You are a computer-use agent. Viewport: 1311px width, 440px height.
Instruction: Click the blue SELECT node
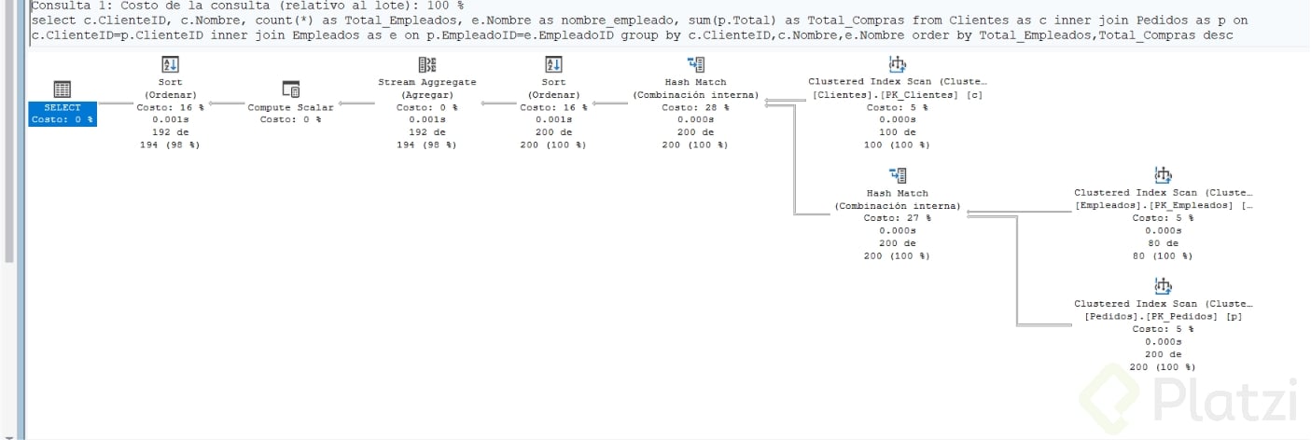pos(63,114)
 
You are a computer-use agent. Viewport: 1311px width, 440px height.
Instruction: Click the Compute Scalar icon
pos(291,89)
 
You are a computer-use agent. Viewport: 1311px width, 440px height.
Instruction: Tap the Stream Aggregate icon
pos(427,64)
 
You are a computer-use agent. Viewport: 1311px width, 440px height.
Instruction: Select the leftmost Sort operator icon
pos(170,64)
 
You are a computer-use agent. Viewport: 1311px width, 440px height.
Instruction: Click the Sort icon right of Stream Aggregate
pos(553,64)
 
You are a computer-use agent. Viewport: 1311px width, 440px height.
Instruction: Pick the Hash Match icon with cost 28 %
pos(696,64)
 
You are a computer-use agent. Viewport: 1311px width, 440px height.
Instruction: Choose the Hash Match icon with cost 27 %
pos(898,175)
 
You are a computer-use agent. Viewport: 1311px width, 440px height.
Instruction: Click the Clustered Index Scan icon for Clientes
pos(898,63)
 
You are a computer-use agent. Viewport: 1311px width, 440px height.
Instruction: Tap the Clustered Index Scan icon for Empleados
pos(1163,174)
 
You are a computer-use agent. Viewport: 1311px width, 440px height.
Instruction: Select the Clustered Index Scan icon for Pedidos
pos(1163,286)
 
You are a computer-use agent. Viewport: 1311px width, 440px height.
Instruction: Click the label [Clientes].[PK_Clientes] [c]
pos(898,95)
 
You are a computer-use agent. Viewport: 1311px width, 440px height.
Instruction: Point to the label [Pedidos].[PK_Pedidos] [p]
pos(1163,317)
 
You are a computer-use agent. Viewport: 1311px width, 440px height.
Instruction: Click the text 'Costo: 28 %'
pos(696,107)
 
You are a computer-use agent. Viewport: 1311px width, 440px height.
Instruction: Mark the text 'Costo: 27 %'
pos(898,218)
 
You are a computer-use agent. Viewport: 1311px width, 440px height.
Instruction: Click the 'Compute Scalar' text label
pos(290,107)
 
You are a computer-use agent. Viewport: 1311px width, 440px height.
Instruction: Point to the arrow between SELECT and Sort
pos(116,104)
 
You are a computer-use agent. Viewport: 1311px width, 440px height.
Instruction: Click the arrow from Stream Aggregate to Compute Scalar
pos(356,104)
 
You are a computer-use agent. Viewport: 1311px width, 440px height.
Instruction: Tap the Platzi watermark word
pos(1225,400)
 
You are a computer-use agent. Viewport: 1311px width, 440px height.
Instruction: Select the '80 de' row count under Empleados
pos(1163,243)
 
